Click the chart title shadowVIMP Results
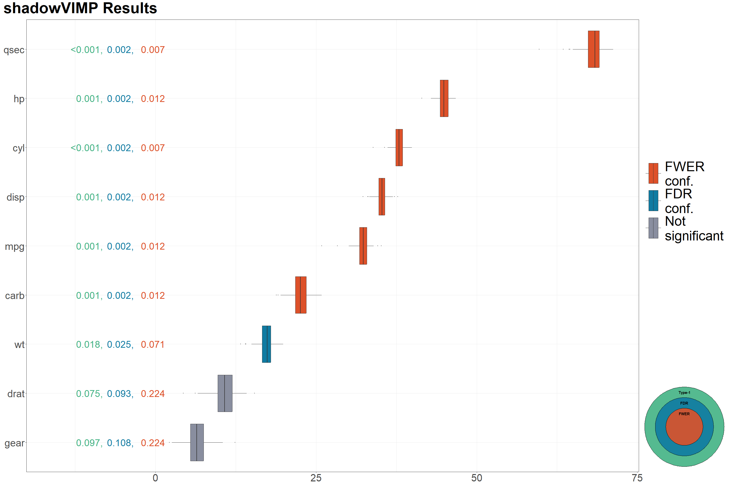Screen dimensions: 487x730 80,8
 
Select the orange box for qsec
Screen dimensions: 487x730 593,49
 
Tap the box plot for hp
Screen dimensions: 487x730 444,98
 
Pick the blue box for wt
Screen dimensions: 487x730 266,344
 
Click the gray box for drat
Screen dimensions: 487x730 225,393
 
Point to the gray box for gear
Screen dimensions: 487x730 197,442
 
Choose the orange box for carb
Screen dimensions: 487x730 300,295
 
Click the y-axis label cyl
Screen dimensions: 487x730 18,148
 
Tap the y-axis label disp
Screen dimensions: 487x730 15,197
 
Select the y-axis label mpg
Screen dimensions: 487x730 14,246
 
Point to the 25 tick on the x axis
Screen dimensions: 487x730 316,478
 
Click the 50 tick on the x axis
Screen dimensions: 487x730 477,478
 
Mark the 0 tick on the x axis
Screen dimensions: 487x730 155,478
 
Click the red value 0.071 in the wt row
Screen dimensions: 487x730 153,344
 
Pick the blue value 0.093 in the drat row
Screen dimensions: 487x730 119,393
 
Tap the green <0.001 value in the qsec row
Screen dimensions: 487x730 86,50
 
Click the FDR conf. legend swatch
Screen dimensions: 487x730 653,201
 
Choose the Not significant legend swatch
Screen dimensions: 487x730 653,228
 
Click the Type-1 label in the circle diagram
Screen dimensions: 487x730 684,393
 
